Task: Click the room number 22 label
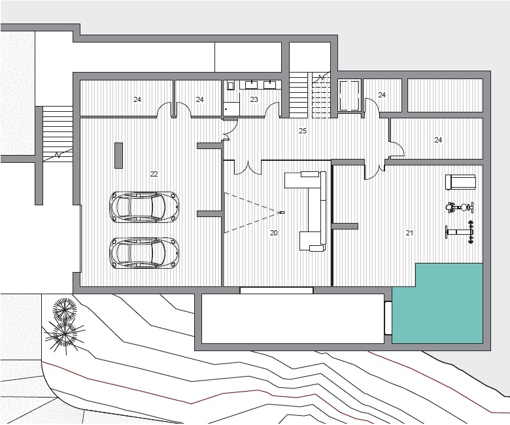154,174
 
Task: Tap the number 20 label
274,233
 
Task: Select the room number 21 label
409,233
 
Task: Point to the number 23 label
254,99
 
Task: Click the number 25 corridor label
303,131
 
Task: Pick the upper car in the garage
144,207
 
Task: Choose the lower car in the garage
144,253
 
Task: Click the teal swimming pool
437,303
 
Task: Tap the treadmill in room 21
460,182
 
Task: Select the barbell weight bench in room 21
460,232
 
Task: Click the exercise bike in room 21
460,207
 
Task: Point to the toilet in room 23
231,86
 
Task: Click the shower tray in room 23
231,109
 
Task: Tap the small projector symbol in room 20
282,212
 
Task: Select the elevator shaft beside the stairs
349,96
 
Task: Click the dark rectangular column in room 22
118,156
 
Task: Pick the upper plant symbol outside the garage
65,308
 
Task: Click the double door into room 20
248,168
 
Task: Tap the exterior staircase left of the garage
58,134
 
